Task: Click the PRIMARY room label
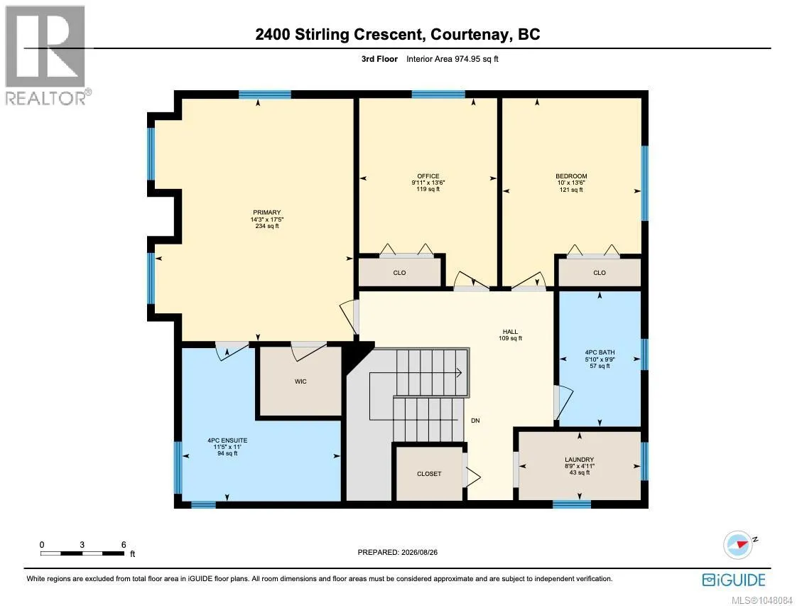(267, 212)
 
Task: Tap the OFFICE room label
(428, 176)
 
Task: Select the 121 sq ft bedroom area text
(571, 190)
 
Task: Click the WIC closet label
(300, 382)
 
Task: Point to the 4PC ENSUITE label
(227, 440)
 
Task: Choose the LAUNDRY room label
(579, 460)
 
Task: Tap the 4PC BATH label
(600, 352)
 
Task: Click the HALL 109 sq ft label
(510, 335)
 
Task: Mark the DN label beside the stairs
(475, 421)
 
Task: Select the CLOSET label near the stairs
(429, 474)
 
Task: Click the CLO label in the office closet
(399, 273)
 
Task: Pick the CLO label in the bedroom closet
(600, 273)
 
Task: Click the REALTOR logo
(46, 55)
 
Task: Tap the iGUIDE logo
(734, 580)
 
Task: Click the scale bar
(82, 553)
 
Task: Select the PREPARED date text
(398, 552)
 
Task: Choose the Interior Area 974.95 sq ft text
(452, 59)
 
